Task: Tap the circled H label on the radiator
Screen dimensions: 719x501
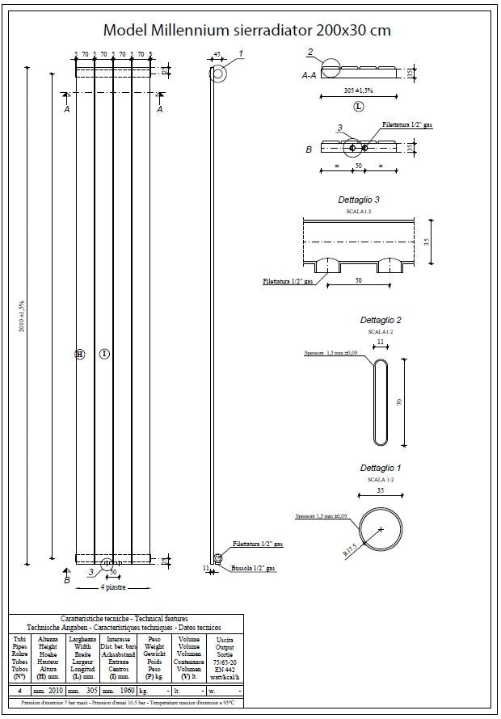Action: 79,354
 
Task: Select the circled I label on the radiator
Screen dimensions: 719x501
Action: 104,354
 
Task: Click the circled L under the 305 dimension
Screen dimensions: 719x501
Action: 359,106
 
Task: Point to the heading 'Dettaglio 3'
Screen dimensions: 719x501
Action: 359,199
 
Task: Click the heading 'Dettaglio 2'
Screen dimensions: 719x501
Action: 380,320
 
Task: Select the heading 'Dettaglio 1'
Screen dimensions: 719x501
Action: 380,468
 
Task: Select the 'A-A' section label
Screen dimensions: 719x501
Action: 308,74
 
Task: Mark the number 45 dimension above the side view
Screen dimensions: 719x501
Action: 217,54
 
